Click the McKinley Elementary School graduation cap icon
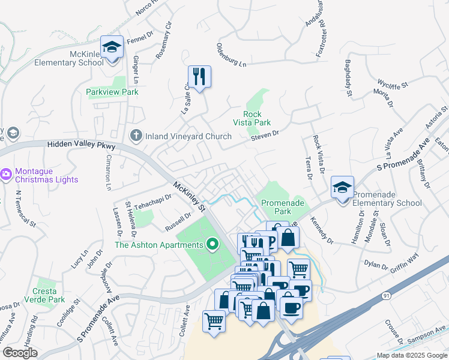click(112, 47)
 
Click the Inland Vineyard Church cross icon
click(136, 136)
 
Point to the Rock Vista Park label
click(257, 118)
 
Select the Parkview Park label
click(112, 92)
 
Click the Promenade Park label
click(274, 207)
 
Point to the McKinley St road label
click(189, 197)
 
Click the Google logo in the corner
click(20, 353)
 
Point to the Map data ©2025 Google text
click(411, 355)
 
